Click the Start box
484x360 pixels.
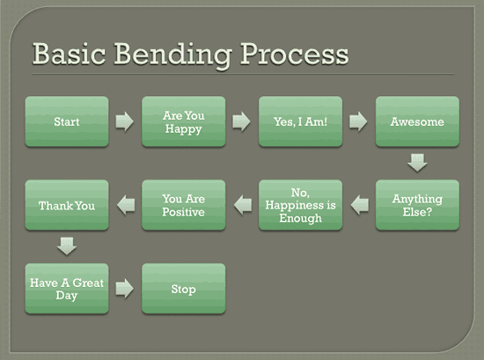click(67, 121)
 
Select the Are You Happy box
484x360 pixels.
click(184, 121)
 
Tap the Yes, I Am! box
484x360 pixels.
click(300, 121)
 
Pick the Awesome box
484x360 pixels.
click(417, 121)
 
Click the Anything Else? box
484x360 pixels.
click(417, 205)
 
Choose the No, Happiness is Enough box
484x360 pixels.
click(300, 205)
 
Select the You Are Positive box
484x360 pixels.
click(184, 205)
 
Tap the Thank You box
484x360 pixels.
click(67, 205)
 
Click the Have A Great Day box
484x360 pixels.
click(67, 289)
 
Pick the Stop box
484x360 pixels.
click(184, 289)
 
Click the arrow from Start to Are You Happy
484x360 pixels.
click(125, 121)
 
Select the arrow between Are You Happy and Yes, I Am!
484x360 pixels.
click(242, 121)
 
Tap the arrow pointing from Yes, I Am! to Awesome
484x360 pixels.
click(359, 121)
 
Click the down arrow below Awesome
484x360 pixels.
click(417, 163)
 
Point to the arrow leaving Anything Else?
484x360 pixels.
click(359, 205)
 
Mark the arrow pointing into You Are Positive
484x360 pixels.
click(242, 205)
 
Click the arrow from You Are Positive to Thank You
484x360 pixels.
click(125, 205)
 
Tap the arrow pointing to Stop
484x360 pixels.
click(125, 289)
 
